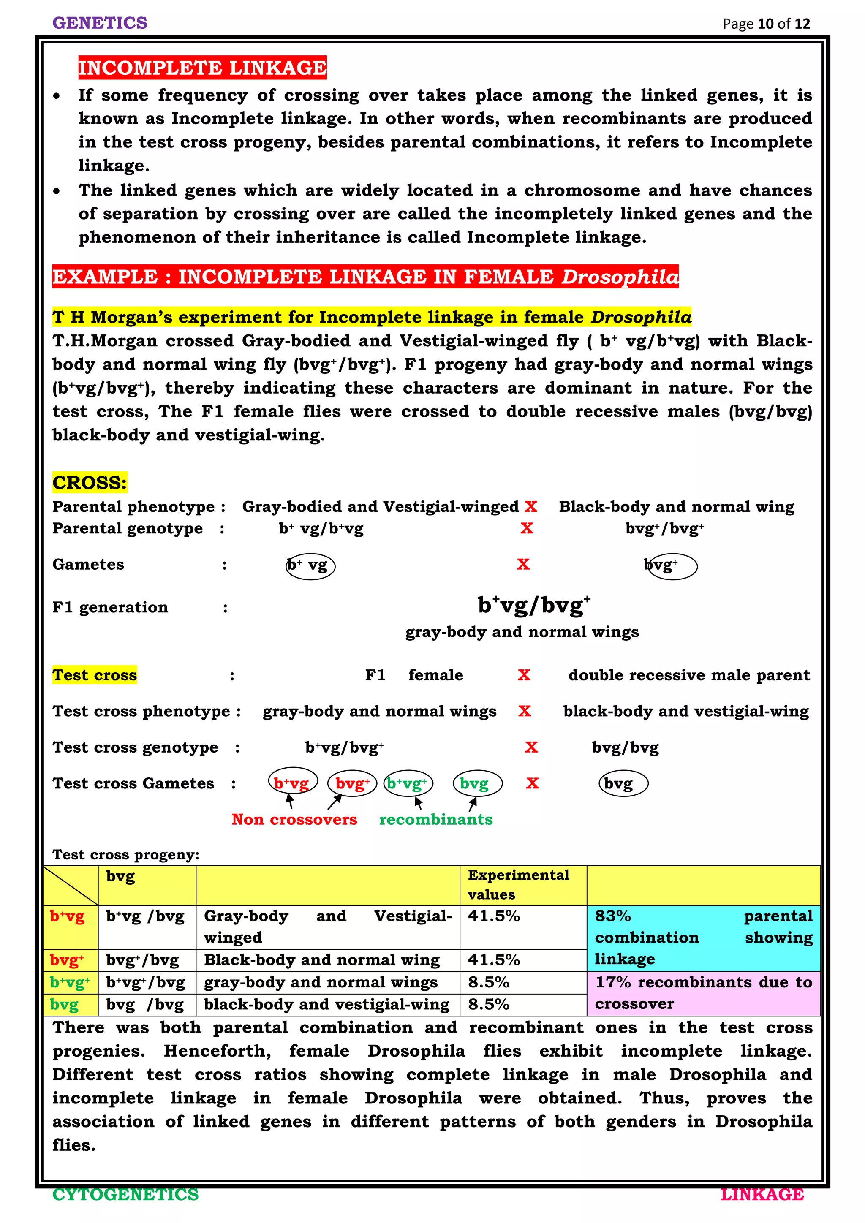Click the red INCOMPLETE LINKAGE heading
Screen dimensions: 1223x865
click(202, 68)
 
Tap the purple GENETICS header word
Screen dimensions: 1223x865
click(100, 23)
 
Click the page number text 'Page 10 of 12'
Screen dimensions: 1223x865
click(766, 24)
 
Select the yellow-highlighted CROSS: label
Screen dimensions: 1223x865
click(90, 483)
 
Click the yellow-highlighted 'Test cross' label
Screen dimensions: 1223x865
click(94, 675)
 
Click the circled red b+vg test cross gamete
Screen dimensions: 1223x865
click(292, 783)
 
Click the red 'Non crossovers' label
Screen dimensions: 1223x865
click(294, 819)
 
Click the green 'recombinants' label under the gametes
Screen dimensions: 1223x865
click(436, 819)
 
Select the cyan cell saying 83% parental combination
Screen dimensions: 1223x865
click(703, 938)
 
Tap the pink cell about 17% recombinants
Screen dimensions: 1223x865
click(703, 993)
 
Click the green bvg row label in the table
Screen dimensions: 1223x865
click(65, 1005)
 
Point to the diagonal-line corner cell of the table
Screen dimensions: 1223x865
click(70, 885)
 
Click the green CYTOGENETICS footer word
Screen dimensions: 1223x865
click(126, 1195)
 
